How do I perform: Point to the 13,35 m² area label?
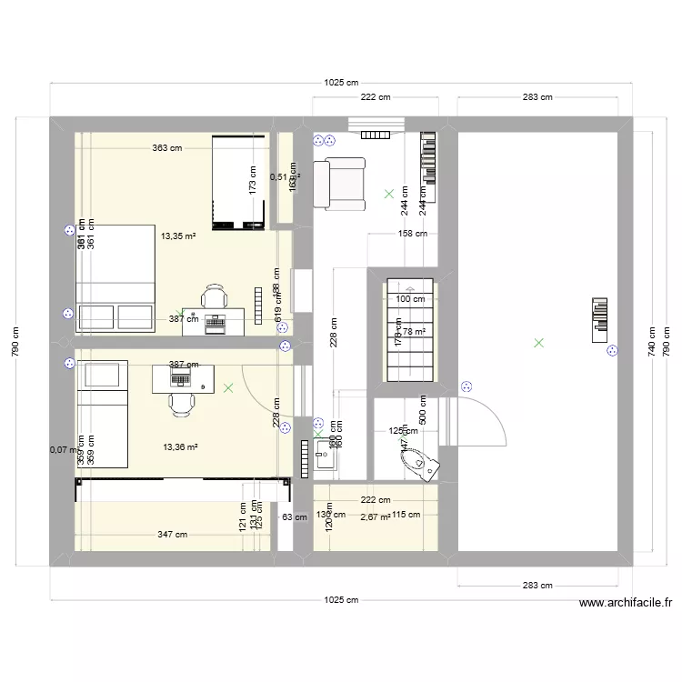coord(179,236)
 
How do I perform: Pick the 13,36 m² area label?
coord(180,446)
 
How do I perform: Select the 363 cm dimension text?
coord(167,147)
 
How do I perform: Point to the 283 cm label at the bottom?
coord(538,586)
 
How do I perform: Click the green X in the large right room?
coord(539,343)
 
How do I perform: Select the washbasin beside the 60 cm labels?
coord(325,458)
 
